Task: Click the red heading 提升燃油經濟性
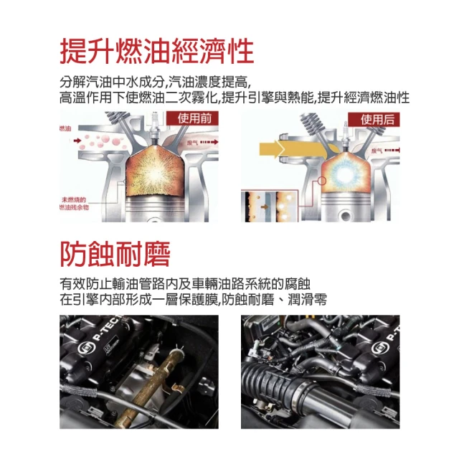pyautogui.click(x=156, y=52)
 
